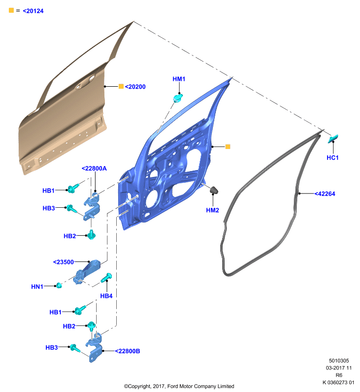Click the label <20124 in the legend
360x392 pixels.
coord(33,11)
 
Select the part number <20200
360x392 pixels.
coord(135,87)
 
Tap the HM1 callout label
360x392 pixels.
coord(179,79)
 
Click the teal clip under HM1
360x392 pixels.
coord(178,98)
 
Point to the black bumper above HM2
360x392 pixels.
coord(214,190)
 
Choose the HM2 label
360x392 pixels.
coord(212,210)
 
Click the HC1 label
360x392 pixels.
coord(333,158)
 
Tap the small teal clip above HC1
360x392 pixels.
coord(333,139)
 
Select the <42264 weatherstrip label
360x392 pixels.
coord(325,194)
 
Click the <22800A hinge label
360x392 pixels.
coord(94,169)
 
